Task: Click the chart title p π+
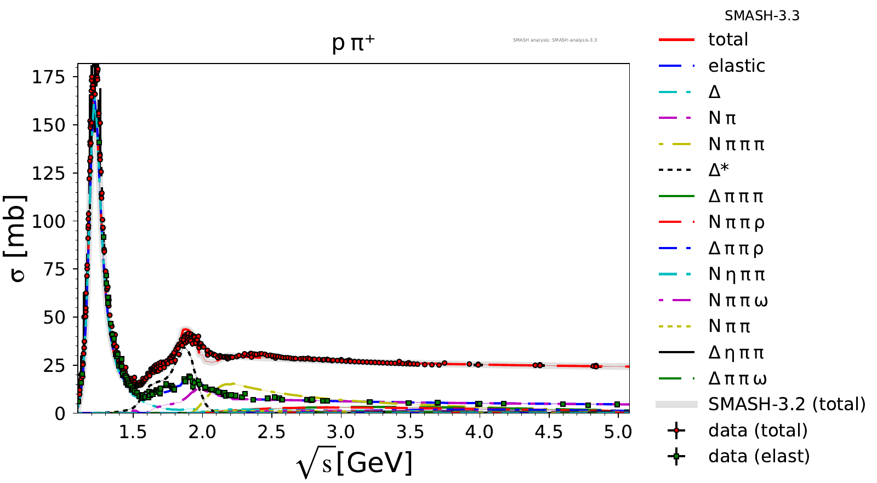pos(354,43)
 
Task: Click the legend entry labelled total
pos(728,39)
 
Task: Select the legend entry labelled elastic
pos(736,66)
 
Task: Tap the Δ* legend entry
pos(719,170)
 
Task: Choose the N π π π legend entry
pos(736,144)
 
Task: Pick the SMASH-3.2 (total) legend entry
pos(787,404)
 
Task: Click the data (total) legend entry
pos(758,430)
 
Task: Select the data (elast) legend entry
pos(759,456)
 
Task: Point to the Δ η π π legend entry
pos(736,353)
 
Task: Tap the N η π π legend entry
pos(737,274)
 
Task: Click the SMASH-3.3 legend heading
pos(762,16)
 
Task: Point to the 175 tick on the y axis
pos(48,77)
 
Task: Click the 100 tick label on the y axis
pos(48,221)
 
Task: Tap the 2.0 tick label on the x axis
pos(202,432)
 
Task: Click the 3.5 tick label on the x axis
pos(410,432)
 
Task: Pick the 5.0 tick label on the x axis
pos(618,432)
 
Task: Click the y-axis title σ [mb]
pos(18,239)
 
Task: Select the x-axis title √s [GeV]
pos(354,463)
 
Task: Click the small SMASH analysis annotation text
pos(555,40)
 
